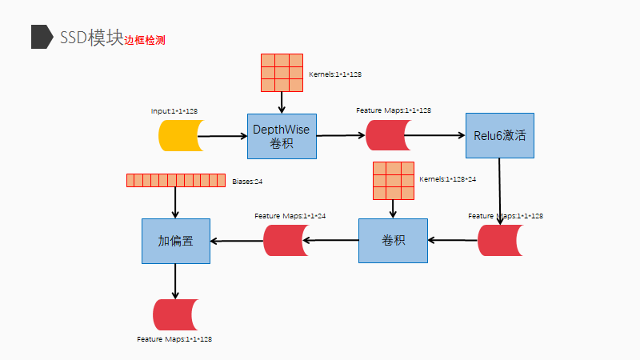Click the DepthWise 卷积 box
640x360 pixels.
(282, 136)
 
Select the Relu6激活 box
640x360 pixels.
(499, 136)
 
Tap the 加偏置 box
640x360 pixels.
(175, 241)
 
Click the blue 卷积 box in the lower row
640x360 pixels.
(392, 241)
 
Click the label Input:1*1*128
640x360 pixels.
(174, 110)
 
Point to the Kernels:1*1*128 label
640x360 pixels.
(335, 74)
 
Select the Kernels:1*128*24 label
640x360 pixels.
(447, 179)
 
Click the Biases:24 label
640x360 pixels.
(247, 182)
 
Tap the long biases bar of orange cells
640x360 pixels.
(176, 180)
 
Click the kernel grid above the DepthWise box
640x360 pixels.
(282, 73)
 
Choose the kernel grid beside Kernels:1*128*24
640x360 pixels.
(393, 181)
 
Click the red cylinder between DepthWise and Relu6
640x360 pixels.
(388, 135)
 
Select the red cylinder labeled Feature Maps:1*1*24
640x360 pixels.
(286, 241)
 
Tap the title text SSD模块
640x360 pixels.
(90, 37)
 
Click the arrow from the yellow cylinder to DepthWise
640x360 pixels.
(224, 137)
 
